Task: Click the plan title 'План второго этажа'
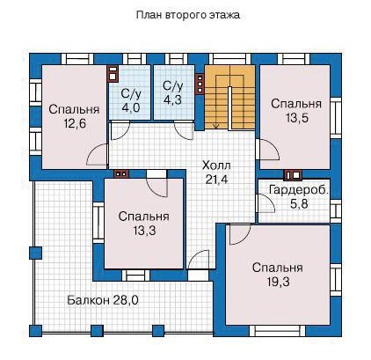(x=188, y=15)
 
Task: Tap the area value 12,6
(x=75, y=124)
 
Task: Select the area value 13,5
(x=296, y=118)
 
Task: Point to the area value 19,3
(x=278, y=282)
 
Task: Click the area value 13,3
(x=144, y=231)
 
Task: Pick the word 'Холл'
(x=216, y=165)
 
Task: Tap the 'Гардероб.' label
(x=299, y=189)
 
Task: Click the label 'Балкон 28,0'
(x=103, y=300)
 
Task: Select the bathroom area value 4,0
(x=131, y=107)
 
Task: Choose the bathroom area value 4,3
(x=172, y=100)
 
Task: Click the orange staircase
(x=229, y=97)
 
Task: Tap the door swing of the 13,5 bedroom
(x=268, y=150)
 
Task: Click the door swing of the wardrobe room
(x=266, y=203)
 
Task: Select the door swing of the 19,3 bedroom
(x=240, y=235)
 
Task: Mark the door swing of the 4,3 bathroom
(x=184, y=130)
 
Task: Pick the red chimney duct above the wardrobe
(x=293, y=175)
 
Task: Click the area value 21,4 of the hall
(x=216, y=180)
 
